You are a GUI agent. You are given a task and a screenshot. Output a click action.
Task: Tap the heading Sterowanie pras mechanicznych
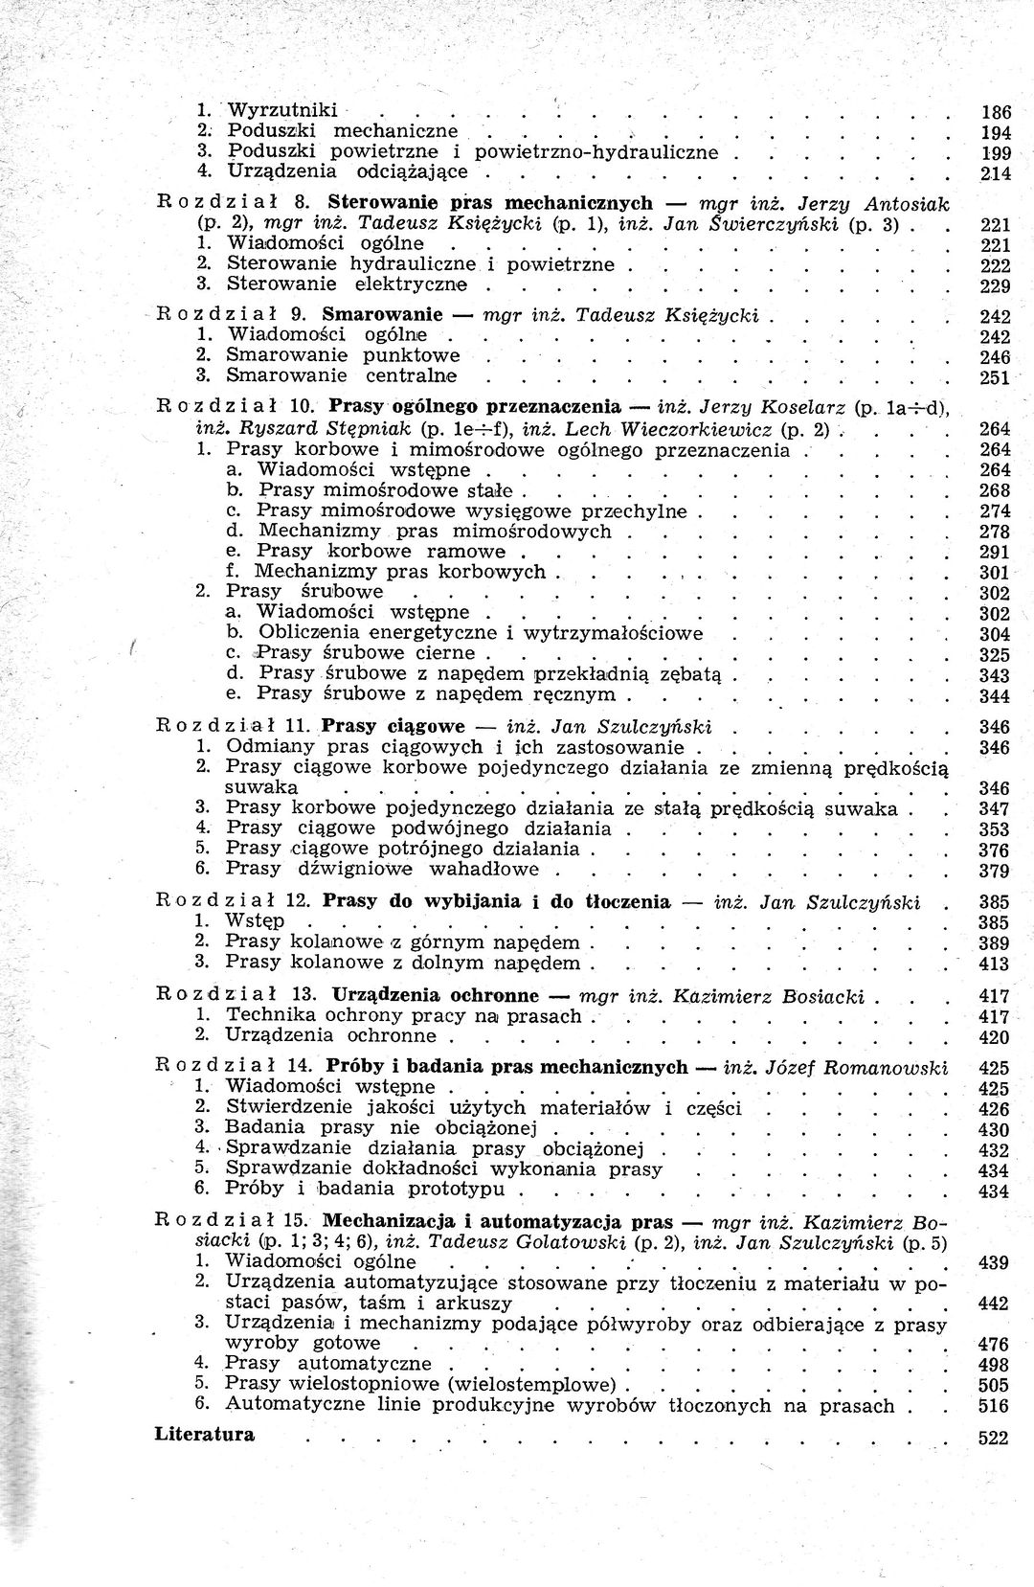pyautogui.click(x=489, y=203)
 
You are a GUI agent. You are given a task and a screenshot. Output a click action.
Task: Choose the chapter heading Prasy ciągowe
pyautogui.click(x=393, y=726)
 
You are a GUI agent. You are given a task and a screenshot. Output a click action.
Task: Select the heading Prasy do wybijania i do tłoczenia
pyautogui.click(x=497, y=901)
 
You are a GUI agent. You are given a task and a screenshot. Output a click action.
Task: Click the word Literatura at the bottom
pyautogui.click(x=204, y=1434)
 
